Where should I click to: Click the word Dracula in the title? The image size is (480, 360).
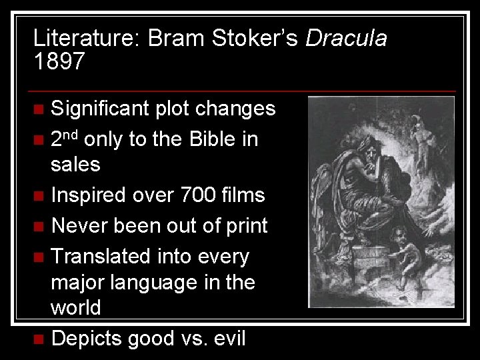(345, 38)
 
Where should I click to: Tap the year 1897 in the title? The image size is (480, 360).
(59, 62)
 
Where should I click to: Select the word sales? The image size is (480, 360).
(75, 164)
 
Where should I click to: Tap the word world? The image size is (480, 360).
(76, 308)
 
